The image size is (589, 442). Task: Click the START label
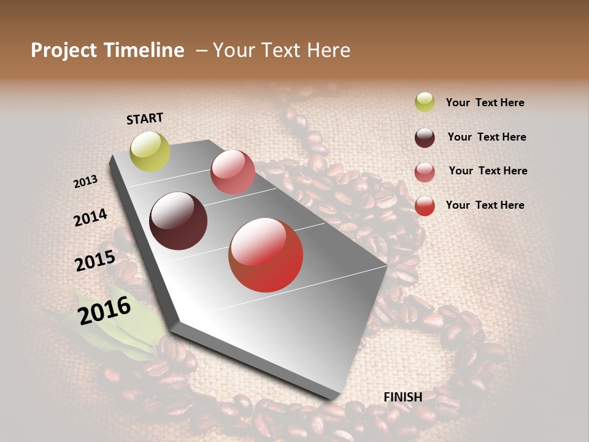tap(145, 118)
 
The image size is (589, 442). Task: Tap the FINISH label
tap(402, 397)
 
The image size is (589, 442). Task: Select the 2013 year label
tap(86, 182)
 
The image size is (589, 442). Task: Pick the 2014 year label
tap(91, 217)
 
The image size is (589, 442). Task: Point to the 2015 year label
tap(95, 261)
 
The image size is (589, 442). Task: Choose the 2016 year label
tap(104, 310)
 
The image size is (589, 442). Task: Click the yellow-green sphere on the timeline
tap(150, 152)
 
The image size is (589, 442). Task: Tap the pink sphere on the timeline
tap(233, 172)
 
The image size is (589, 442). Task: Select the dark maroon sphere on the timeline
tap(179, 221)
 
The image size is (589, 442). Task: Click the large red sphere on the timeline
tap(266, 255)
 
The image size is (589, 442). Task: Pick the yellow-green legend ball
tap(425, 102)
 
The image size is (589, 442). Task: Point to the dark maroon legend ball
tap(425, 138)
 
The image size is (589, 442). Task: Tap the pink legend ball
tap(425, 172)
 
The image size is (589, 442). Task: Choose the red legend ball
tap(425, 206)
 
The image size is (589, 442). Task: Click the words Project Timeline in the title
tap(107, 50)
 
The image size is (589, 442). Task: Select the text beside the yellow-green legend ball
tap(485, 103)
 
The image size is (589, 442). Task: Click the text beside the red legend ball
tap(485, 205)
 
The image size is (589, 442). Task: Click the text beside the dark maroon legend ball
tap(487, 137)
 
